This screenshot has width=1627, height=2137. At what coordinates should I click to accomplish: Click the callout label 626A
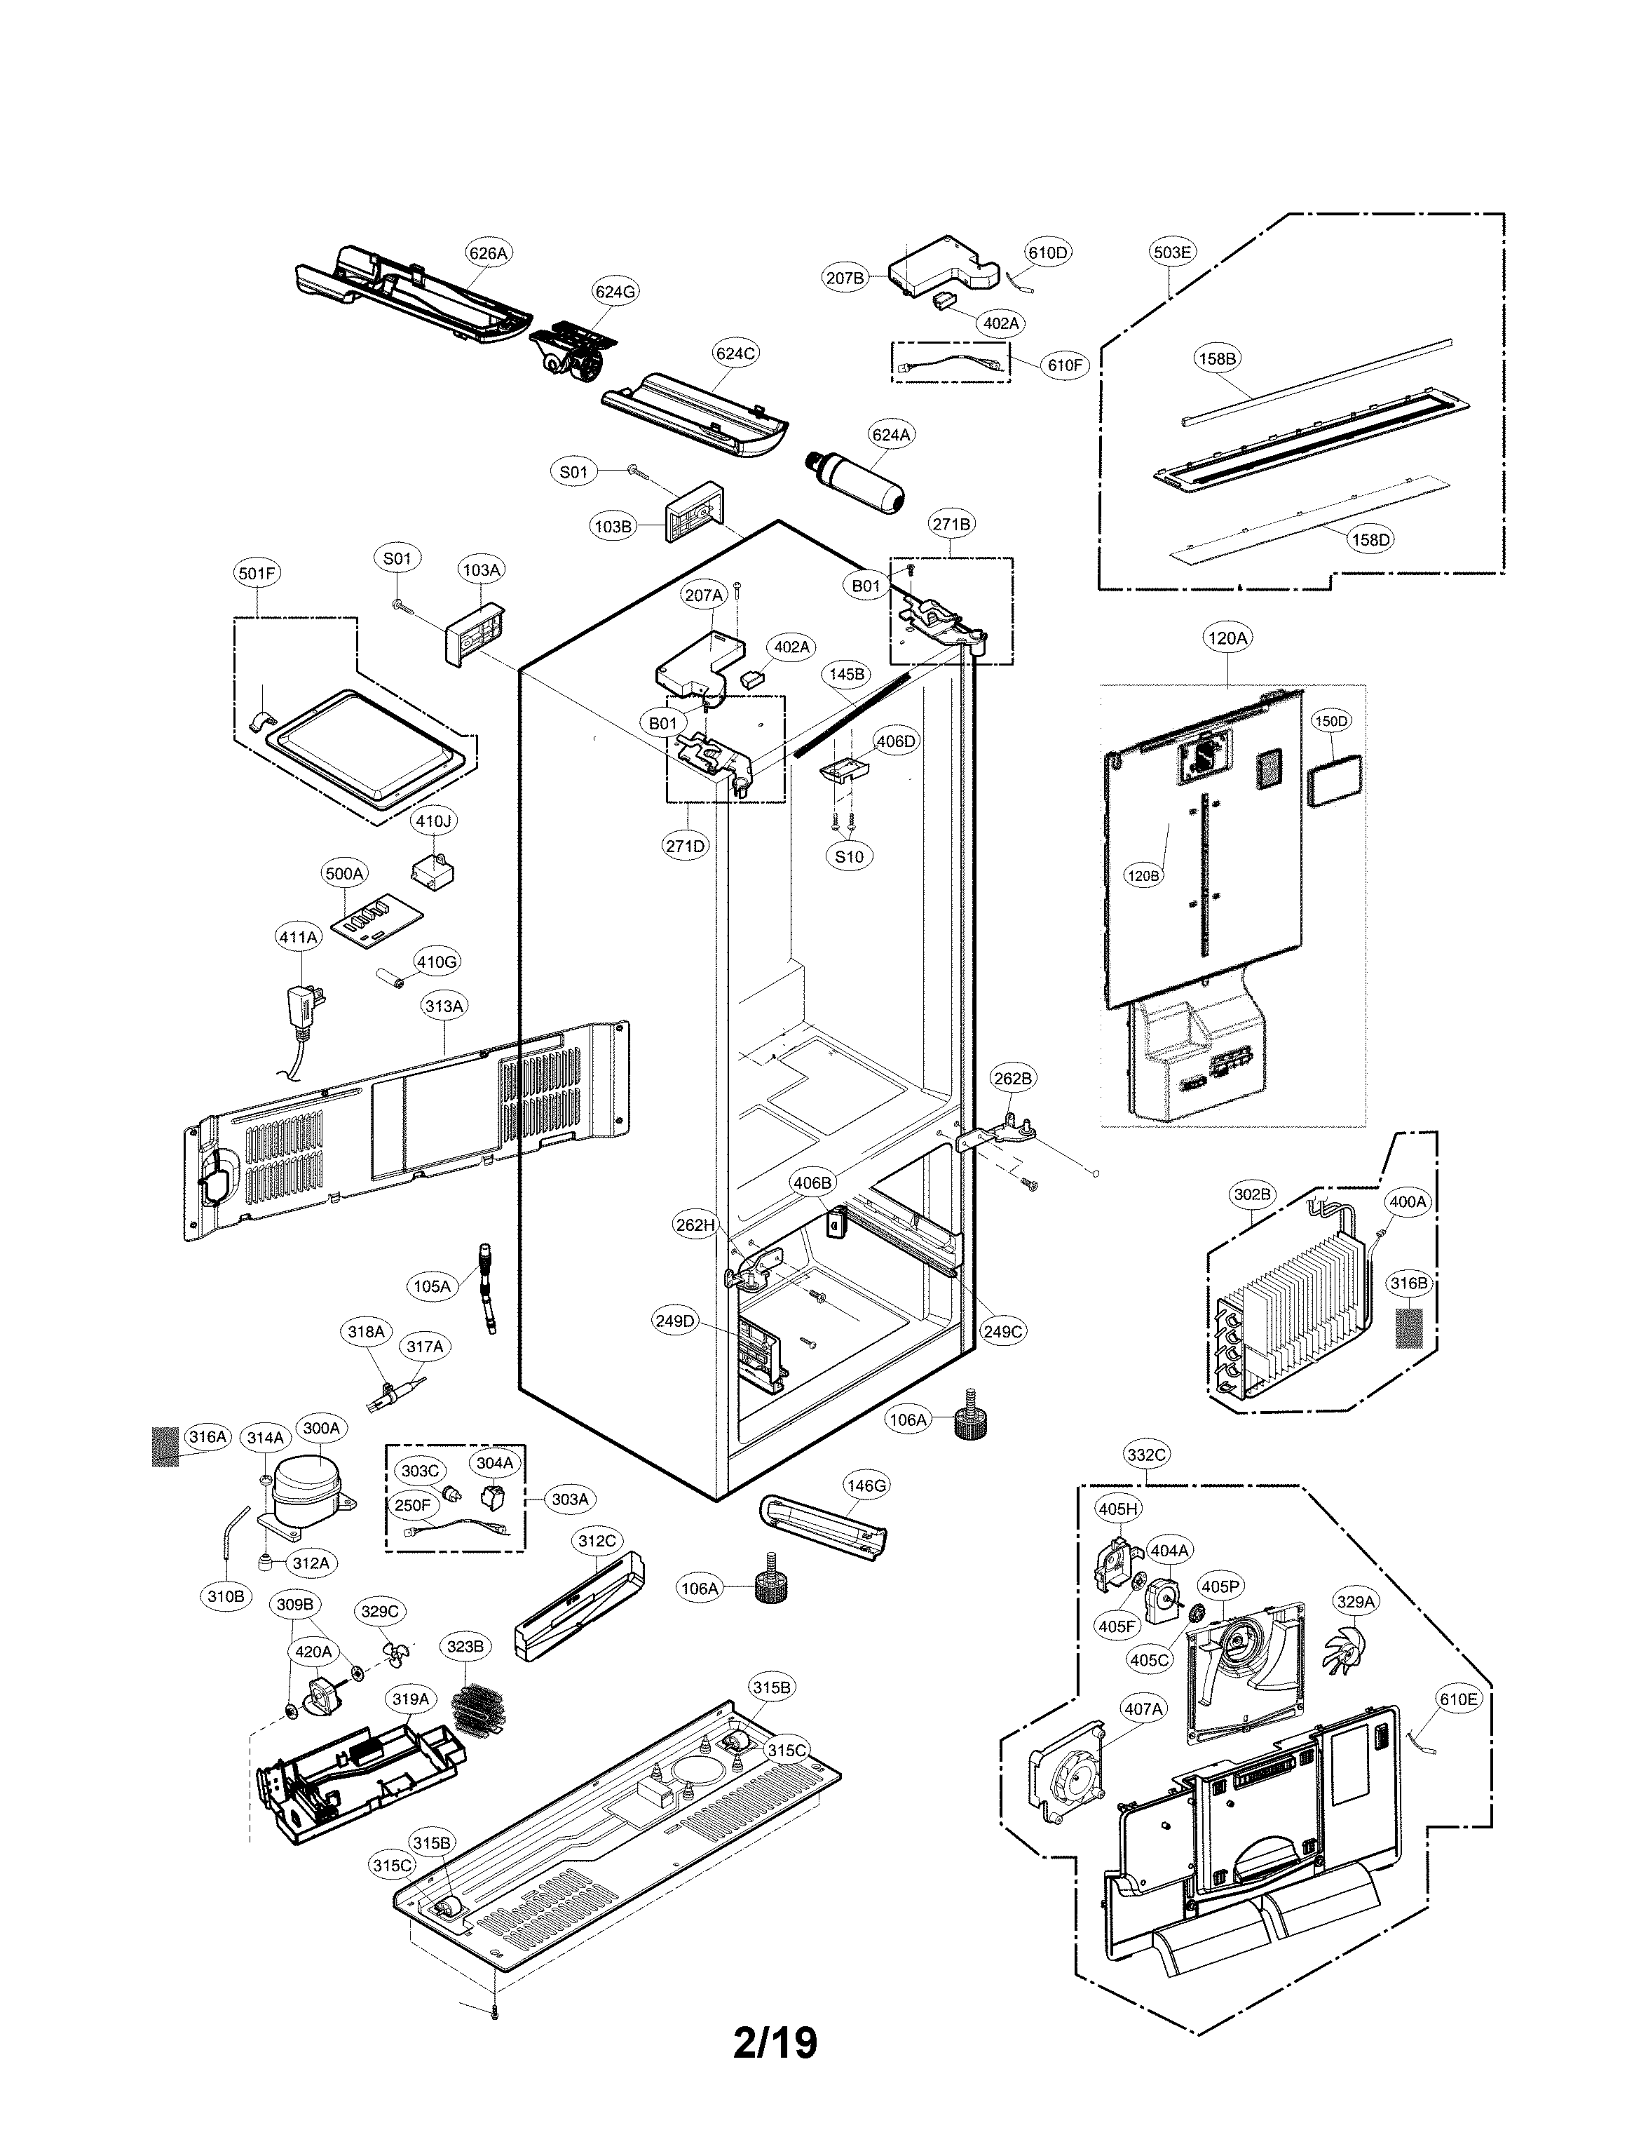[x=488, y=254]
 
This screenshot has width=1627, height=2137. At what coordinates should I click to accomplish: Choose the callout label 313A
[x=444, y=1006]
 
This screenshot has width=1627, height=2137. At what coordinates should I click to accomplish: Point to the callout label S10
[x=850, y=856]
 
